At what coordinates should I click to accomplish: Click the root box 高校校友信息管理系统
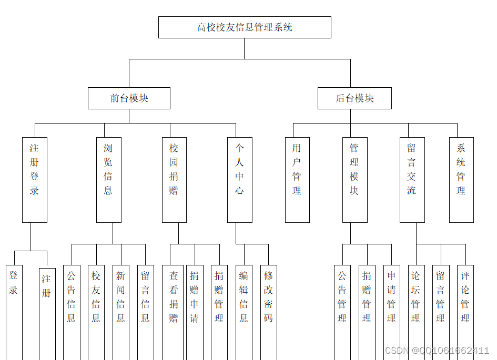pos(245,27)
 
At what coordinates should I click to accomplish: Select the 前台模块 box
pos(129,98)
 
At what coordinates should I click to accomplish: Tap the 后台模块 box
pos(354,98)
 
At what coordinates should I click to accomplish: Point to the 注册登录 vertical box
pos(35,179)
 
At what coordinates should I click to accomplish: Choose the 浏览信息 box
pos(108,179)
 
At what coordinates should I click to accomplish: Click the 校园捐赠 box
pos(174,179)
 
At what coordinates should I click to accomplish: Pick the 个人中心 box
pos(239,179)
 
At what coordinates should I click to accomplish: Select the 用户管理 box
pos(297,179)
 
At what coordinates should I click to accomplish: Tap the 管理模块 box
pos(354,179)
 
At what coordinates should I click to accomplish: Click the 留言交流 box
pos(412,179)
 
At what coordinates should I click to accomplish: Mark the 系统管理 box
pos(461,179)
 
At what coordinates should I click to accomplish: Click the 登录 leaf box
pos(14,305)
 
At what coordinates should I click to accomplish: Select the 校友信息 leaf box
pos(96,305)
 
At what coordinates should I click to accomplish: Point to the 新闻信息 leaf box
pos(120,305)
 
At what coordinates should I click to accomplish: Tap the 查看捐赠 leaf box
pos(173,305)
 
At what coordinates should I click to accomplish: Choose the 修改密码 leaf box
pos(269,305)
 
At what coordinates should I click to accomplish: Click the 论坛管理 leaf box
pos(416,305)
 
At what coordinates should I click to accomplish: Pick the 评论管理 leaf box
pos(465,305)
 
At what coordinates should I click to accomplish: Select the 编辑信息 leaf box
pos(244,305)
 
